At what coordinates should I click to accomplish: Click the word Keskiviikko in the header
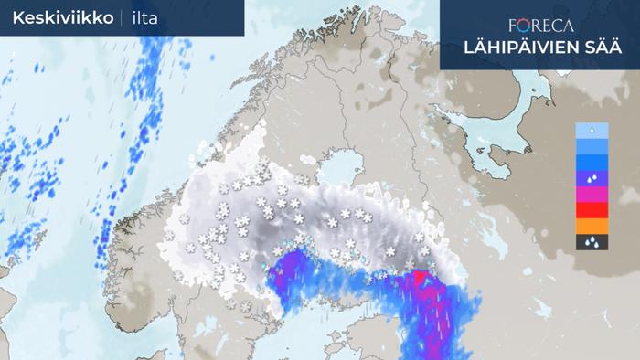tap(63, 18)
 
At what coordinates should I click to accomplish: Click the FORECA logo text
tap(541, 26)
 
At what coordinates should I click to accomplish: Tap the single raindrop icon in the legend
tap(592, 131)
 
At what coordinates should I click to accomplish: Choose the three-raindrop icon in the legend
tap(592, 242)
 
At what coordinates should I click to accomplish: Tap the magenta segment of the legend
tap(592, 195)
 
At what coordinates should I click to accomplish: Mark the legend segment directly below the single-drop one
tap(592, 146)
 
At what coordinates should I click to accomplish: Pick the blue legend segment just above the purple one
tap(592, 163)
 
